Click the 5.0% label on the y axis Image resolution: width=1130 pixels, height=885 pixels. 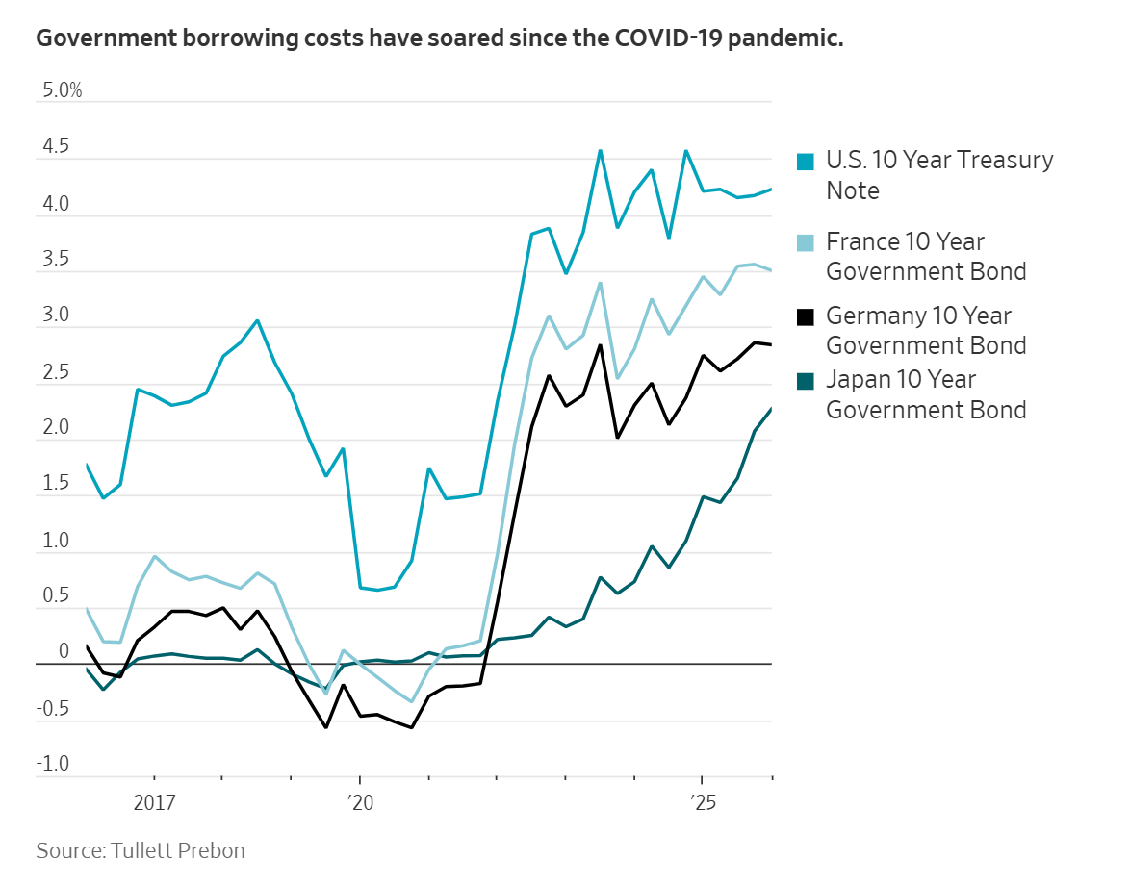tap(62, 91)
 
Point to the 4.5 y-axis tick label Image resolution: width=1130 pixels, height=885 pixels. tap(56, 148)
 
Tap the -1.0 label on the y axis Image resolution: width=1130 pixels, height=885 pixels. tap(54, 765)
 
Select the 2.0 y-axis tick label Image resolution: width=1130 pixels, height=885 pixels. tap(56, 428)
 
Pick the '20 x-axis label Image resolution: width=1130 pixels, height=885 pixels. tap(359, 803)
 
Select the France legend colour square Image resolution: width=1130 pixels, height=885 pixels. tap(807, 242)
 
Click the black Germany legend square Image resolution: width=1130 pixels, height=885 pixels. tap(807, 316)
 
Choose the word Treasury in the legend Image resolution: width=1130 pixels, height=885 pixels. tap(999, 160)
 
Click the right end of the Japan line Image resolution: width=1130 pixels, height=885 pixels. tap(771, 409)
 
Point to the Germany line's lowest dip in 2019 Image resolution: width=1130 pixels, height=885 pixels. tap(325, 727)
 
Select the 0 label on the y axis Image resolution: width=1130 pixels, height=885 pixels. tap(64, 652)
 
